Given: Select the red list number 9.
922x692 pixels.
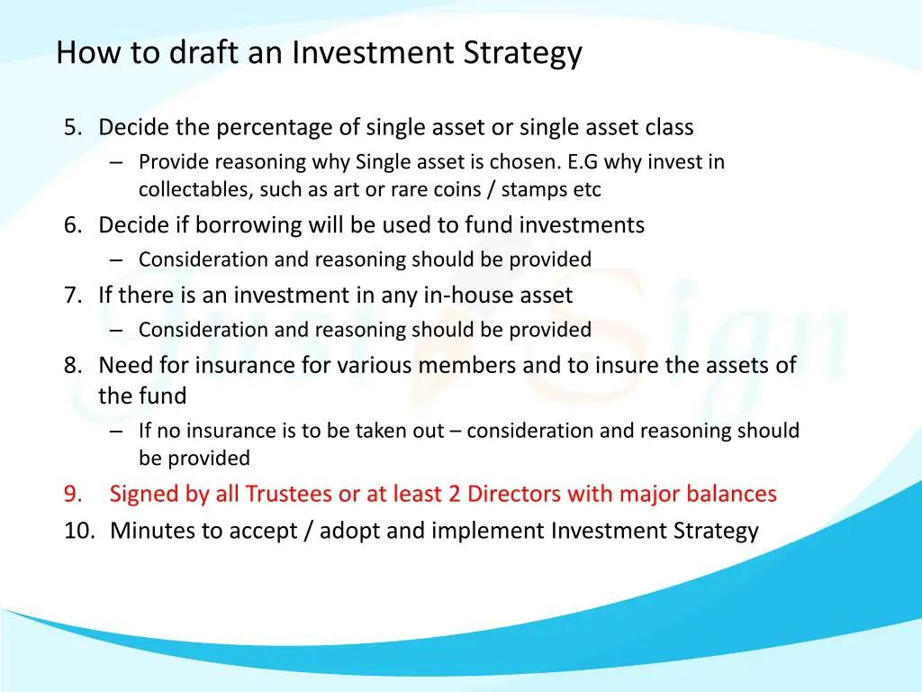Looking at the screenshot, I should [x=73, y=495].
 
